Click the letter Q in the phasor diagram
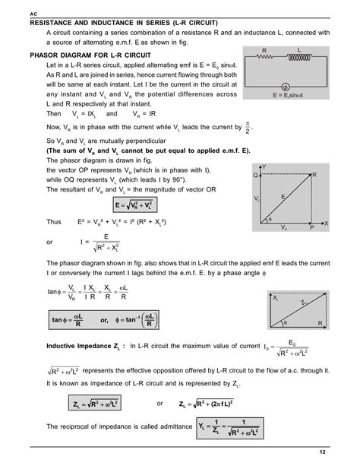click(x=255, y=174)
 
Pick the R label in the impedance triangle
click(x=320, y=323)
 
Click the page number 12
click(x=322, y=452)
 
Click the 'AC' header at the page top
click(x=33, y=14)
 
